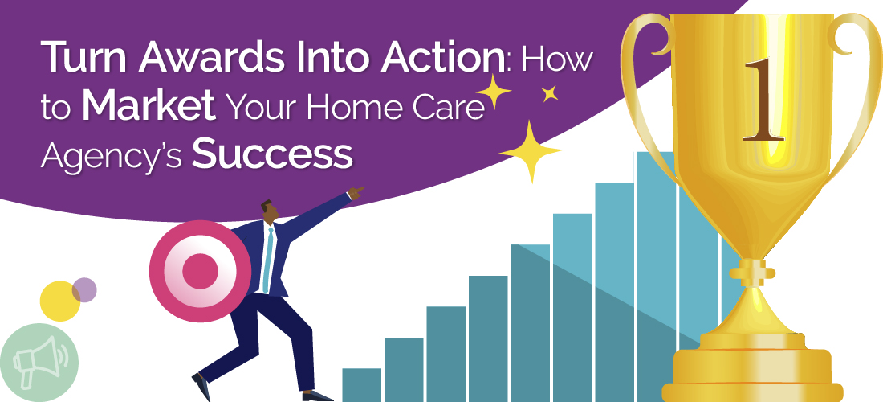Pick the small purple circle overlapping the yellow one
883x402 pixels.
(x=84, y=289)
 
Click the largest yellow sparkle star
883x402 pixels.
(x=529, y=151)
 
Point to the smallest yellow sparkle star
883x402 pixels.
(x=550, y=94)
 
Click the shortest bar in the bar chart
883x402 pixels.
(x=361, y=384)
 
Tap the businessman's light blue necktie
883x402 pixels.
(x=269, y=257)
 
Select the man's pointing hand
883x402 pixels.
(x=356, y=191)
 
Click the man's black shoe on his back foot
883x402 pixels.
(x=201, y=388)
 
